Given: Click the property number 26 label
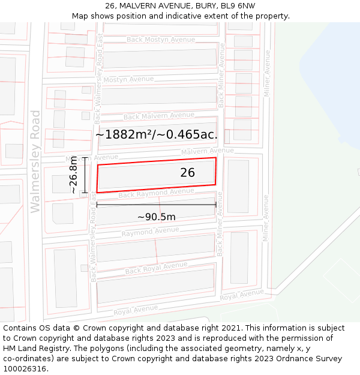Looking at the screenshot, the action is (x=187, y=173).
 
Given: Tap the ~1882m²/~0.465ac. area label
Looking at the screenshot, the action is (x=156, y=134).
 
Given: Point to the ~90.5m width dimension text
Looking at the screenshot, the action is (x=156, y=217).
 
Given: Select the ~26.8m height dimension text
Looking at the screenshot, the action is (x=73, y=175).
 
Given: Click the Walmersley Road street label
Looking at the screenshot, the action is (x=35, y=161).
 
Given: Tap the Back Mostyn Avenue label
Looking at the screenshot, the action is (x=160, y=40).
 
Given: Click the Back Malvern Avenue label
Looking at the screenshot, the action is (x=158, y=116).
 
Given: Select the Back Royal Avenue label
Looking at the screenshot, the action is (x=156, y=268).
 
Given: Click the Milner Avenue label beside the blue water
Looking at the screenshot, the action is (x=268, y=78).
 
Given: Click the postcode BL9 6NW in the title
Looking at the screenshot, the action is (x=238, y=6).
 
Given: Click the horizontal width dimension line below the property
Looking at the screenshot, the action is (x=156, y=205).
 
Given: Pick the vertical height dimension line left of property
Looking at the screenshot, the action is (x=85, y=175).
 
